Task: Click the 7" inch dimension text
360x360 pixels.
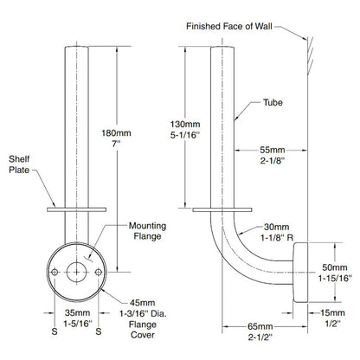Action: (117, 146)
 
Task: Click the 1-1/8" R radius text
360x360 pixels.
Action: (273, 233)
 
